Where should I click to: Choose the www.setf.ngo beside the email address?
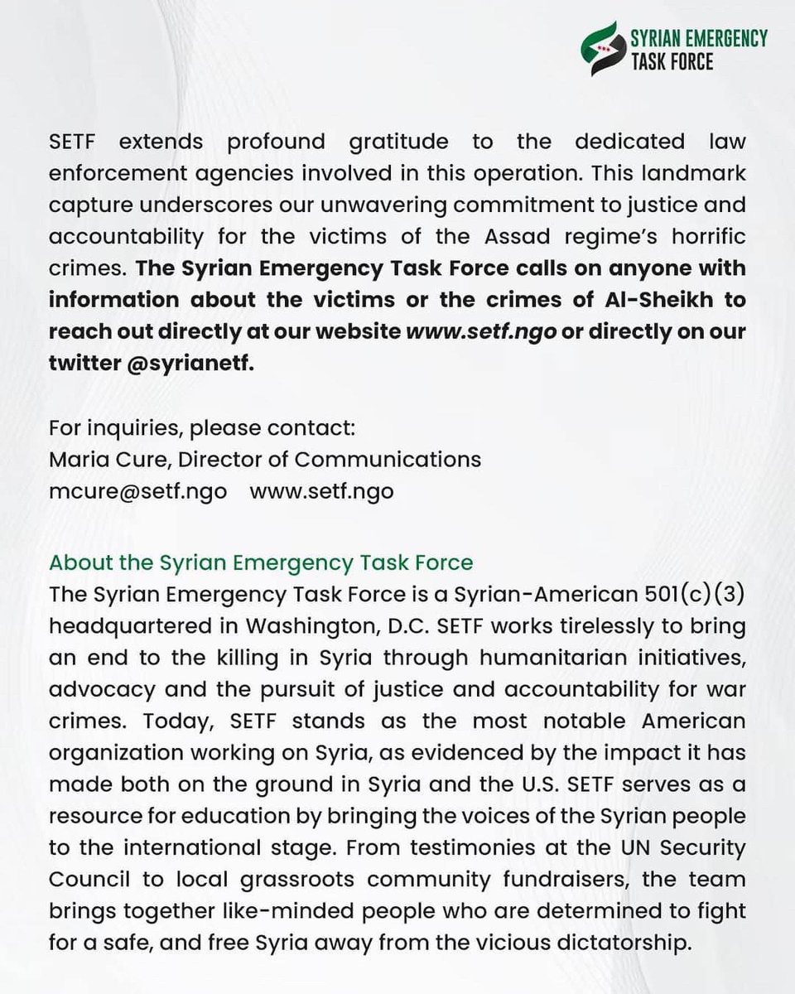[x=321, y=490]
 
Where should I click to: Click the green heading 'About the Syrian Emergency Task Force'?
[x=261, y=562]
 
